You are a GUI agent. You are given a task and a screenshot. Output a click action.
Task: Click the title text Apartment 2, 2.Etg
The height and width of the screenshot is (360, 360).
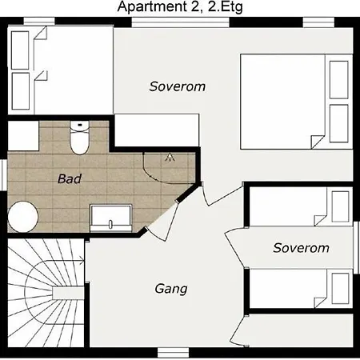tap(180, 6)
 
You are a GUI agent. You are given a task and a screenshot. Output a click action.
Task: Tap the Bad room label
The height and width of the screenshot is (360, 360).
tap(70, 178)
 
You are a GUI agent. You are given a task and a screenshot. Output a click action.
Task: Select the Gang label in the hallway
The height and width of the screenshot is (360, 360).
tap(171, 289)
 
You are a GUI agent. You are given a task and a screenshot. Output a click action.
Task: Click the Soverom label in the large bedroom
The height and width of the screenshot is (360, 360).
tap(178, 86)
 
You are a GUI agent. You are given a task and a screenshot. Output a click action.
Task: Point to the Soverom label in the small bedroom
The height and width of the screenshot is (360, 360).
tap(301, 248)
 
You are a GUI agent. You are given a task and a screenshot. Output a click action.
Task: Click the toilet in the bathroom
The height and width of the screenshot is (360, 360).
tap(79, 138)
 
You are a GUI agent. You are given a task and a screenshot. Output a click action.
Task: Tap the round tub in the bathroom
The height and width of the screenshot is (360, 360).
tap(23, 216)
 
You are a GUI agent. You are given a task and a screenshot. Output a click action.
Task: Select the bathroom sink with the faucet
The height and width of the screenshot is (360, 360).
tap(111, 218)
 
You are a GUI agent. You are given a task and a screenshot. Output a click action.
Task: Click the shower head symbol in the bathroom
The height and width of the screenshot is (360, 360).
tap(170, 157)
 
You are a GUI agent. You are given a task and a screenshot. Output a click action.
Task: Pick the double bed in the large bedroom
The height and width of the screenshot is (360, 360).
tap(297, 102)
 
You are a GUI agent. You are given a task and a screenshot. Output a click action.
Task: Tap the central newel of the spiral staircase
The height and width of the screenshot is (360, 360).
tap(68, 293)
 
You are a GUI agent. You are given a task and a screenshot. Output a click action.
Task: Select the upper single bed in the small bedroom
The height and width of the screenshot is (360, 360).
tap(301, 206)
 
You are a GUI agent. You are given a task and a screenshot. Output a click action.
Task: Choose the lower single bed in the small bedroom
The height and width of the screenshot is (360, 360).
tap(301, 288)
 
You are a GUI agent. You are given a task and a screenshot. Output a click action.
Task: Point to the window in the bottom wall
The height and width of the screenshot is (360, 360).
tap(173, 352)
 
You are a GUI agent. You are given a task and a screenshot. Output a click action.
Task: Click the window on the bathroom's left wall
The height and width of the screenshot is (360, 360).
tap(4, 175)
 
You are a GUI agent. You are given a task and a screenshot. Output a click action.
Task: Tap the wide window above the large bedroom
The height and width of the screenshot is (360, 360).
tap(181, 22)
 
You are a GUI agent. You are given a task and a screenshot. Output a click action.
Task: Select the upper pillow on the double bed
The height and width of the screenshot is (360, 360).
tap(339, 80)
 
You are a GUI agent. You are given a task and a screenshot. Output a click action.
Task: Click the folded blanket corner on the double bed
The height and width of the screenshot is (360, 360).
tap(318, 142)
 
